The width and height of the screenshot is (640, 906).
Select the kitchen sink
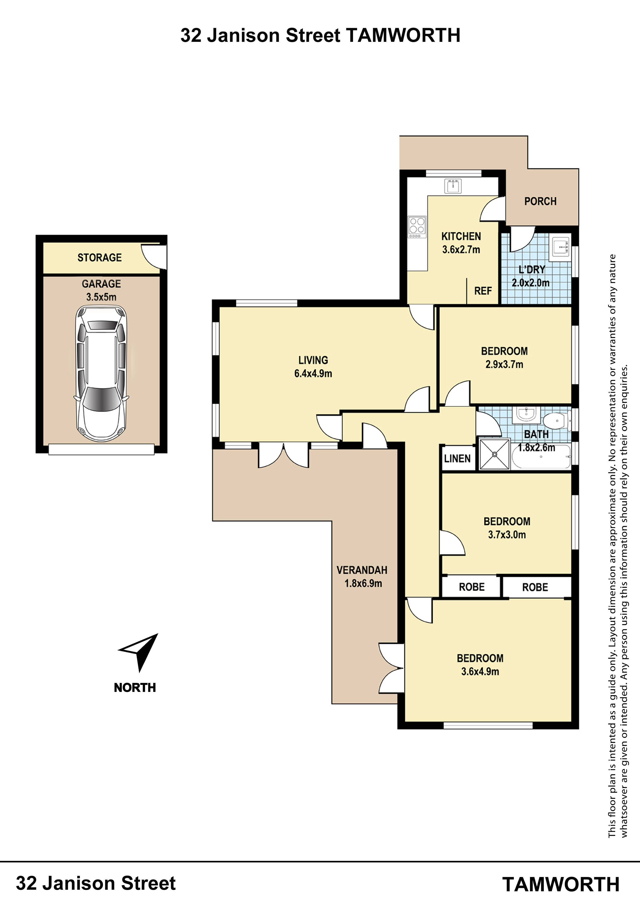(453, 186)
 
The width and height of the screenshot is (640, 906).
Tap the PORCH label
(540, 201)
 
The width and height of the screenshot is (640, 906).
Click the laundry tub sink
(560, 247)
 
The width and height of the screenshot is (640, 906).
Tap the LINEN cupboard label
(458, 458)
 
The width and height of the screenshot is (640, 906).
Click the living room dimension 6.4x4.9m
(313, 373)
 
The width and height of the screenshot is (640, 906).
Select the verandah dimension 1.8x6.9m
(363, 583)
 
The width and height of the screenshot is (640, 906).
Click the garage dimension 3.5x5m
(101, 297)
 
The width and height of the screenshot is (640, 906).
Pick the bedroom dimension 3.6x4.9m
(480, 671)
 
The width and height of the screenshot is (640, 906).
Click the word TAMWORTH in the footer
(561, 884)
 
